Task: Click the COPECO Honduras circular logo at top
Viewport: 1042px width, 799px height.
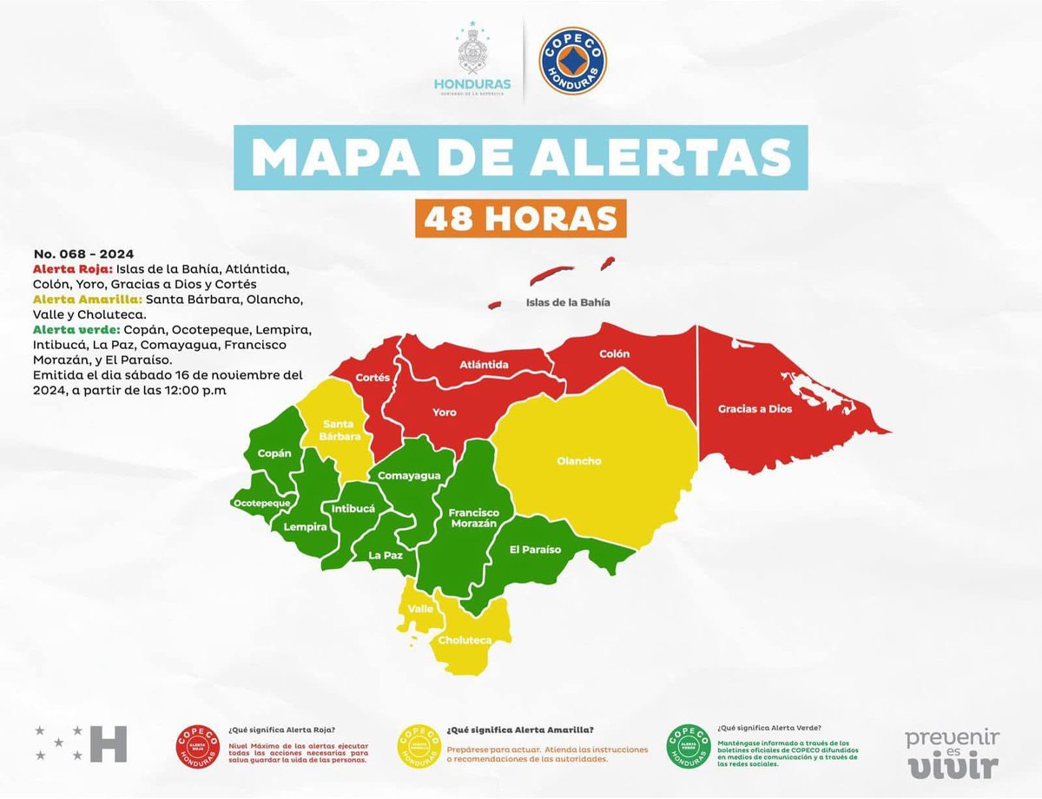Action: click(572, 61)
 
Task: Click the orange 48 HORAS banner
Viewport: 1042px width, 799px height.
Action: click(520, 218)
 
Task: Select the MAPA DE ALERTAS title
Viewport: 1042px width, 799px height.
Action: click(521, 157)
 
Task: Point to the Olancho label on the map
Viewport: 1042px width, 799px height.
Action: click(579, 461)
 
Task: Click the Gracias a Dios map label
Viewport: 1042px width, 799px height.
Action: click(755, 408)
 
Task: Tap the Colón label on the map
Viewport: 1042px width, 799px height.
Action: click(614, 354)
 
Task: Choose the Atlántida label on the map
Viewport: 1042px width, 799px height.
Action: click(484, 365)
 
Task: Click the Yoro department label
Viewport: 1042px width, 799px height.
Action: click(445, 413)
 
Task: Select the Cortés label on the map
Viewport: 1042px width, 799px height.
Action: click(373, 378)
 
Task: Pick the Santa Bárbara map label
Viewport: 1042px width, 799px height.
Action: click(341, 430)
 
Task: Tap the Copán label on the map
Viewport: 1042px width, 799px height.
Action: click(274, 453)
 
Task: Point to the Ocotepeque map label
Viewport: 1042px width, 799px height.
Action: click(261, 503)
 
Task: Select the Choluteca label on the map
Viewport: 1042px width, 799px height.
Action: click(465, 640)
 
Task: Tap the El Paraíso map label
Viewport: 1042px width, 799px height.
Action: click(535, 550)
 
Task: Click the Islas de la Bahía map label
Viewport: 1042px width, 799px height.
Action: click(568, 303)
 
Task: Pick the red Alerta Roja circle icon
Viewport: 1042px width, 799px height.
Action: click(198, 746)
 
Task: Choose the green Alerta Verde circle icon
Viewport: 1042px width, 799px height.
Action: click(689, 746)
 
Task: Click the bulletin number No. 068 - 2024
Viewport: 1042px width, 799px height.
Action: click(83, 254)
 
